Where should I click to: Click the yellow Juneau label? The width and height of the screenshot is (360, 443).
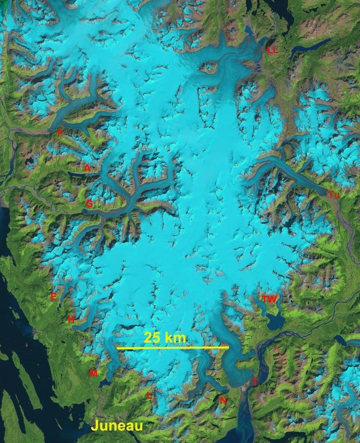(x=117, y=426)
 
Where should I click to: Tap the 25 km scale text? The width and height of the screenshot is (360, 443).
(x=165, y=338)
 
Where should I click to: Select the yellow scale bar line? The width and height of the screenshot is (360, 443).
(x=172, y=347)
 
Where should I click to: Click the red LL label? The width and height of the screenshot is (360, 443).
(x=272, y=50)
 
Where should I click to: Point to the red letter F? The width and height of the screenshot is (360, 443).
(x=60, y=134)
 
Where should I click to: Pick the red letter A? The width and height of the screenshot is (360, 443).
(x=87, y=168)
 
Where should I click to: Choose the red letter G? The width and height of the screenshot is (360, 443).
(x=89, y=204)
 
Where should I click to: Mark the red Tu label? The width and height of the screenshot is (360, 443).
(x=334, y=194)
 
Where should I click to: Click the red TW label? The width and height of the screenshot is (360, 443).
(x=269, y=299)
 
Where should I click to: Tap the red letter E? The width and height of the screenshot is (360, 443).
(x=53, y=297)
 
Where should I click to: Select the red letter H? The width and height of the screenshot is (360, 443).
(x=71, y=320)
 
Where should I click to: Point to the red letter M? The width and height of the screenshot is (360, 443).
(x=93, y=373)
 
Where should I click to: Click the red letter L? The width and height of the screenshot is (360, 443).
(x=149, y=396)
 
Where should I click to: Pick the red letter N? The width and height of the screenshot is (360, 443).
(x=223, y=401)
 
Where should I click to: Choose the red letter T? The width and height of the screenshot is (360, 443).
(x=255, y=383)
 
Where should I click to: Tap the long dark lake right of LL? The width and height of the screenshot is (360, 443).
(x=310, y=45)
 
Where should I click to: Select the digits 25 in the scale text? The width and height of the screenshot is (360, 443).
(x=151, y=338)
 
